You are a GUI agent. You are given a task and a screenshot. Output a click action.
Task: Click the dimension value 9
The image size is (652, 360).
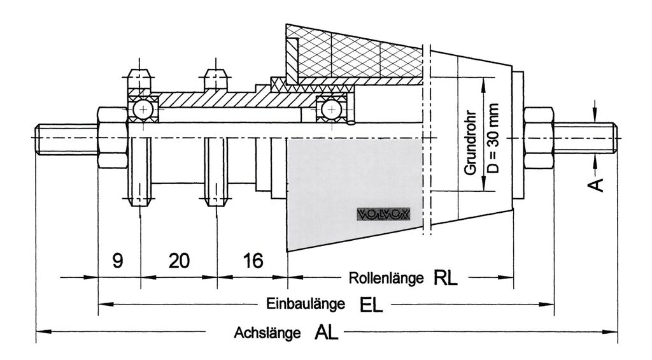coord(118,260)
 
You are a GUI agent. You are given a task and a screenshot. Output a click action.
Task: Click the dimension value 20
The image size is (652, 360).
coord(179,260)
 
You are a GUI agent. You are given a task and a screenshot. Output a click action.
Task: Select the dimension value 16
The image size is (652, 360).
coord(253,260)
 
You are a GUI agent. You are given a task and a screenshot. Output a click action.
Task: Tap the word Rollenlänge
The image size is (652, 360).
coord(386,278)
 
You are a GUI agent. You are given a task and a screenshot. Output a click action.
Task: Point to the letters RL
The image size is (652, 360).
coord(446,278)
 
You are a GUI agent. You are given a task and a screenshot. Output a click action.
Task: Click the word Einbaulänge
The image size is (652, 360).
coord(306,304)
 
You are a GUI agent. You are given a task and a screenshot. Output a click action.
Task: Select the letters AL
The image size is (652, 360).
coord(326,333)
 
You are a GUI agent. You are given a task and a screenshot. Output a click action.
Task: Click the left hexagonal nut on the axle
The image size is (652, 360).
coord(113,138)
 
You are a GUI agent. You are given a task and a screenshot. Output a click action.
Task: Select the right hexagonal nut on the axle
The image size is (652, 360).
coord(539,138)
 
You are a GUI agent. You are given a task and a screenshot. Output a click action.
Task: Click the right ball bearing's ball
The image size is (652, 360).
coord(332,110)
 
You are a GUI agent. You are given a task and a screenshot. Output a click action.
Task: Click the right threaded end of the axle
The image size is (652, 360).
coord(585,138)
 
